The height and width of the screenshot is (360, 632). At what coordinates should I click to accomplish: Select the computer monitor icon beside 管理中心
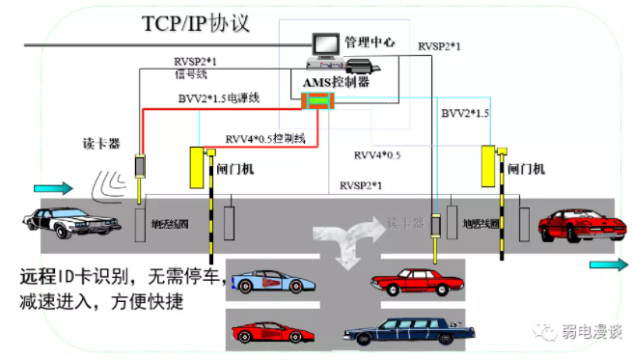322,43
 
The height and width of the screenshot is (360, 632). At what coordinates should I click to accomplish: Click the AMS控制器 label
337,82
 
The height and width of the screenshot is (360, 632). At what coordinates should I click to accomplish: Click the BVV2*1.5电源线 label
220,97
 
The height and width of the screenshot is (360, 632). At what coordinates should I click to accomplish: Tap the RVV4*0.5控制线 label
265,138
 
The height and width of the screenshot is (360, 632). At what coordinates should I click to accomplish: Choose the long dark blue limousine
410,331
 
